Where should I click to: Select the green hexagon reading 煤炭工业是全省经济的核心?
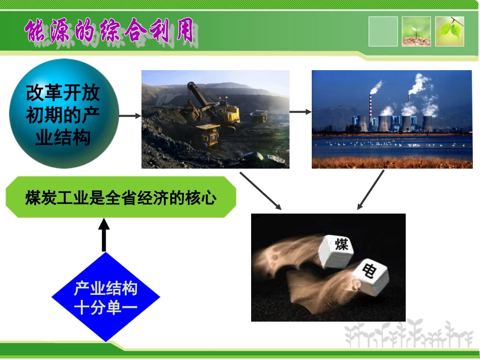click(121, 197)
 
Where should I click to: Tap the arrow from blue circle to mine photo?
click(130, 116)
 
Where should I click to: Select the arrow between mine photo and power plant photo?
click(300, 112)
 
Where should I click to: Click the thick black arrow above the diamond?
click(104, 235)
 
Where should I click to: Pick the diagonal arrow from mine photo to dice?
click(260, 190)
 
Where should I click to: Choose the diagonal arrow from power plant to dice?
click(370, 190)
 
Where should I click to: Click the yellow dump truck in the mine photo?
click(208, 134)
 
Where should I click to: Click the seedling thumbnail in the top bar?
click(416, 31)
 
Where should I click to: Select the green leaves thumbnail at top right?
click(450, 31)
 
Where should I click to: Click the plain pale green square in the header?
click(383, 31)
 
